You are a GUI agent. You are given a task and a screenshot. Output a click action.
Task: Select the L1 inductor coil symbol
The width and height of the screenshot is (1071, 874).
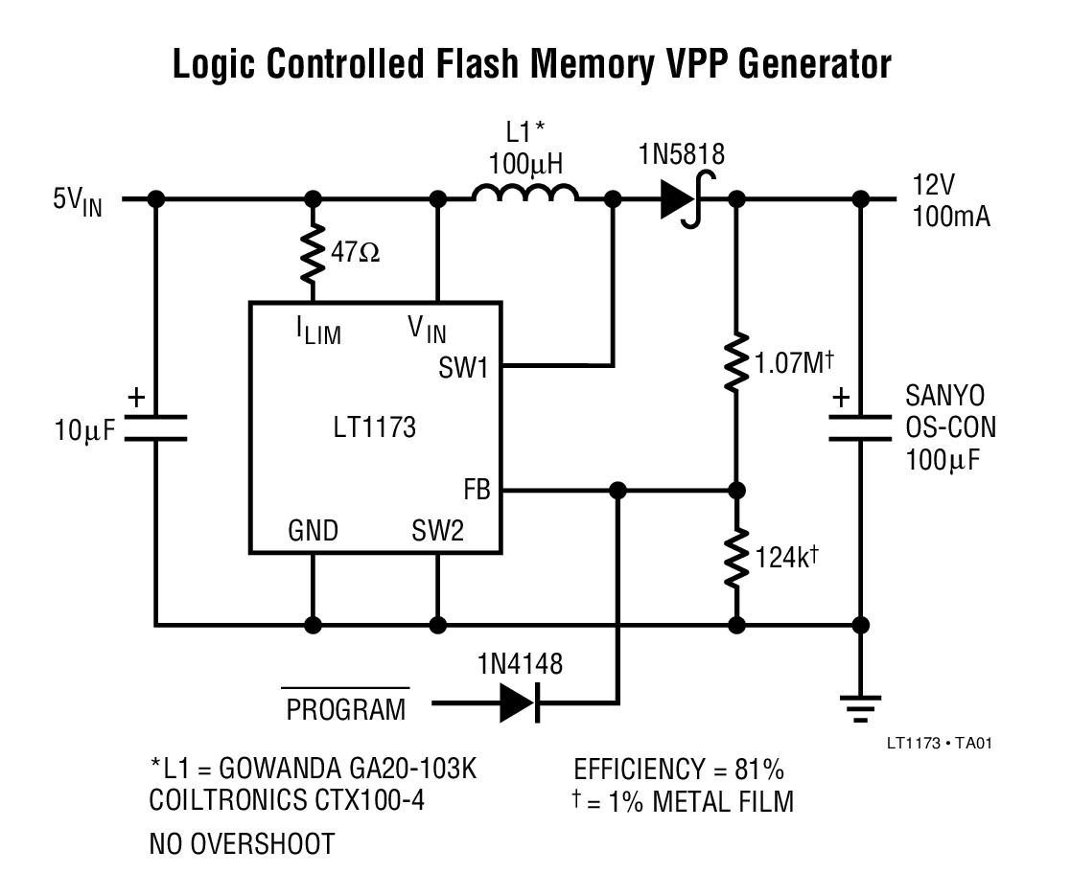[525, 195]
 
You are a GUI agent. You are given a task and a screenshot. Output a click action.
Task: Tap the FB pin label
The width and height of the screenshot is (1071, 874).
[476, 492]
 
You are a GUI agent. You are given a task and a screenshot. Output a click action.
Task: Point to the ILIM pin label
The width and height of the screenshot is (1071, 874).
[317, 332]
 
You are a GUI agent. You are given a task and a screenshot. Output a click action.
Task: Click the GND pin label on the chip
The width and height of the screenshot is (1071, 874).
[313, 531]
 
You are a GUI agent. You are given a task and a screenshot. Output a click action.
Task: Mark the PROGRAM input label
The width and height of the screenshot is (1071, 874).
[345, 710]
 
